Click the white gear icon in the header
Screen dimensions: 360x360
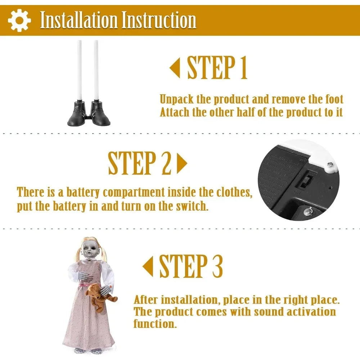(19, 20)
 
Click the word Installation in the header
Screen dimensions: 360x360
(79, 20)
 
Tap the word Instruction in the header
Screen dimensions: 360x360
(159, 20)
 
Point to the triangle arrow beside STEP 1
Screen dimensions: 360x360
(175, 68)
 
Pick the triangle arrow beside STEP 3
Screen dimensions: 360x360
(148, 266)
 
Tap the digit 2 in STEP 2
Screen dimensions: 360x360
(166, 163)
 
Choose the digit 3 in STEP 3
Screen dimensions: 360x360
(217, 266)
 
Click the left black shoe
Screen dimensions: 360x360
(77, 114)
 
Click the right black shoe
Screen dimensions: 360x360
(100, 114)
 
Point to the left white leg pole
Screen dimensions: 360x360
(79, 71)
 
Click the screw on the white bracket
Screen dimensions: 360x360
(330, 165)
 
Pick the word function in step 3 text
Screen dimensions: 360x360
(155, 324)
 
